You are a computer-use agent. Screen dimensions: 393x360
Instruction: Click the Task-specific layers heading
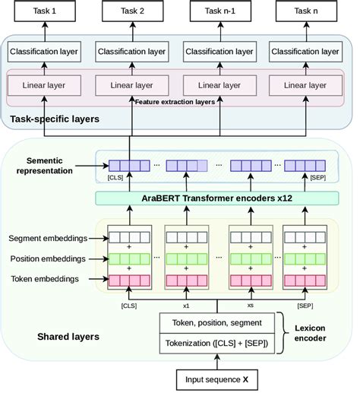tap(55, 119)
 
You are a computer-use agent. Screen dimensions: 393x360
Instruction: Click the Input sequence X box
tap(218, 378)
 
